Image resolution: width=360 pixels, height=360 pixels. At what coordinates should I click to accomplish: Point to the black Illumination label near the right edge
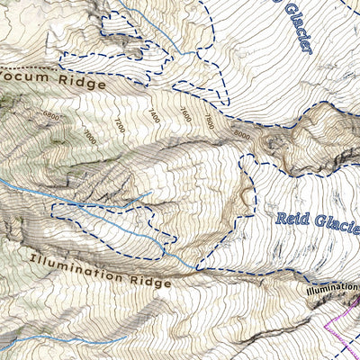click(331, 290)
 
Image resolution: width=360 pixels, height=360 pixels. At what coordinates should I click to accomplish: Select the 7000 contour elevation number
click(88, 134)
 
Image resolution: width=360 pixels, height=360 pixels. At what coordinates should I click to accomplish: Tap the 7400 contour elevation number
click(154, 116)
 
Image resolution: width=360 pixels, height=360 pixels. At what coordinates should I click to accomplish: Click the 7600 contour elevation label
click(184, 113)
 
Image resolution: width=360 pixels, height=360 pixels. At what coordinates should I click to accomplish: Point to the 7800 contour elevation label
click(209, 119)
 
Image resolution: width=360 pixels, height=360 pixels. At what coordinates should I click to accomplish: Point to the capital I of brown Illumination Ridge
click(32, 260)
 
